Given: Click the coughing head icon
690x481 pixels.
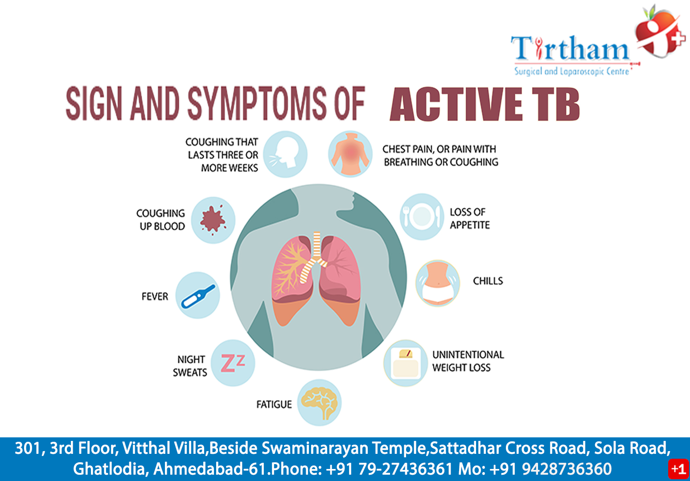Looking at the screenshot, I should [285, 154].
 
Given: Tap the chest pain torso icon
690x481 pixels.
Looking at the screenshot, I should [350, 154].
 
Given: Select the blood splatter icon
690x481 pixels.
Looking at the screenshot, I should [213, 220].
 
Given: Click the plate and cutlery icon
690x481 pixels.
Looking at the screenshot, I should [422, 216].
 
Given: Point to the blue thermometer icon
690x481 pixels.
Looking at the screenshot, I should [197, 296].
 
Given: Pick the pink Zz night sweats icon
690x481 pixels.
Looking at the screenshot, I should [233, 363].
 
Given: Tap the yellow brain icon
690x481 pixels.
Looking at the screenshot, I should [319, 403].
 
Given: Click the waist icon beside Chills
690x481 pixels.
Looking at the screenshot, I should [438, 283].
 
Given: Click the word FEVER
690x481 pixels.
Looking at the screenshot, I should [155, 297].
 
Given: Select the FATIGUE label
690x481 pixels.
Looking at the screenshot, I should [274, 404].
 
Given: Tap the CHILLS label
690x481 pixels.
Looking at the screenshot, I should [488, 281].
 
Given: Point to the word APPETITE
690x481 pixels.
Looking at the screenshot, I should [469, 225].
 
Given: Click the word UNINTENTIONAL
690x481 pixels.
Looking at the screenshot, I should [468, 355].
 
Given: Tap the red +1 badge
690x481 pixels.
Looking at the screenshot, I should [678, 469].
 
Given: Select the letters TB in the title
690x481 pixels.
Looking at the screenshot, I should [558, 105].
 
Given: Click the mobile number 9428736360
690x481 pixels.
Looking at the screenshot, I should [567, 469].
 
